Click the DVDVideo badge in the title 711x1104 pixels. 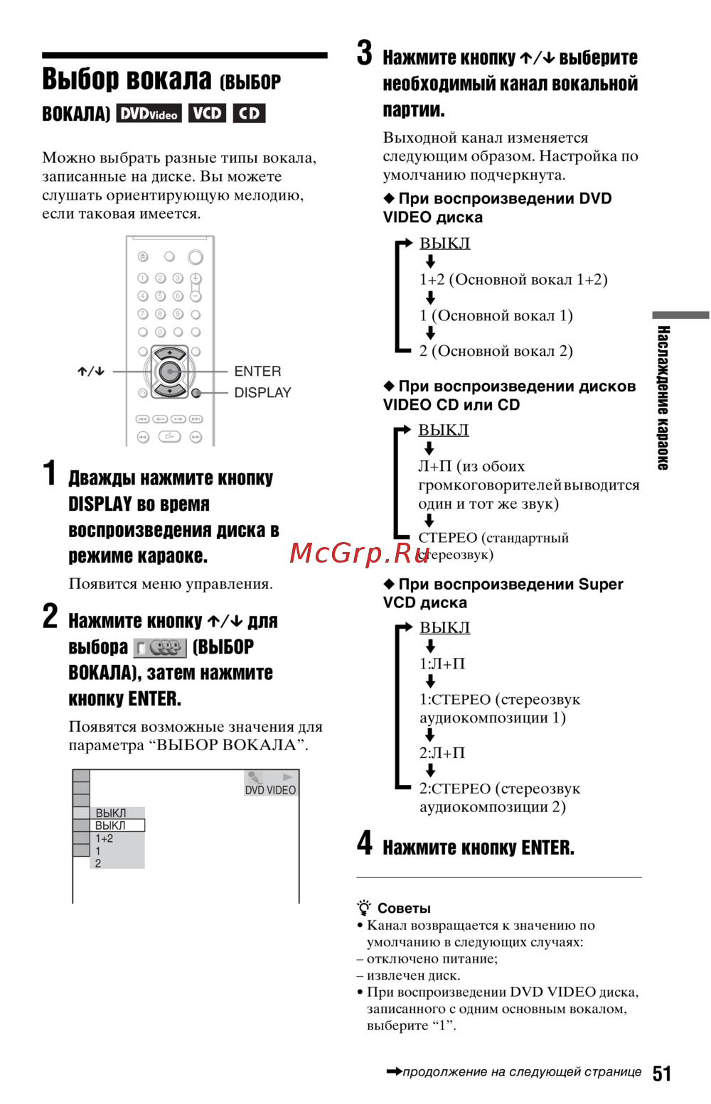pyautogui.click(x=149, y=114)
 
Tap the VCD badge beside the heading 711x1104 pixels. pyautogui.click(x=207, y=114)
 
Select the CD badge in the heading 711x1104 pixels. pyautogui.click(x=249, y=114)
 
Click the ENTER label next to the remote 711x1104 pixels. pyautogui.click(x=257, y=371)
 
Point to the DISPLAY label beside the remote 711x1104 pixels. pyautogui.click(x=262, y=393)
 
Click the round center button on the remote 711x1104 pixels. pyautogui.click(x=170, y=371)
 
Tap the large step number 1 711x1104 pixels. pyautogui.click(x=50, y=473)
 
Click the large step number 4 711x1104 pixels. pyautogui.click(x=365, y=843)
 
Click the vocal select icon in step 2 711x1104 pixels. pyautogui.click(x=161, y=648)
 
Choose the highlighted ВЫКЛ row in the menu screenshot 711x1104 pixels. pyautogui.click(x=117, y=826)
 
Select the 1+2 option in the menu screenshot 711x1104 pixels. pyautogui.click(x=104, y=838)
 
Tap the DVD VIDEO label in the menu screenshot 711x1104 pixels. pyautogui.click(x=270, y=790)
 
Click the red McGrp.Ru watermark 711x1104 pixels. pyautogui.click(x=359, y=553)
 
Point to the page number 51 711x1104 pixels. pyautogui.click(x=662, y=1073)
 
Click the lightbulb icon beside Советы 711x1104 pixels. pyautogui.click(x=364, y=908)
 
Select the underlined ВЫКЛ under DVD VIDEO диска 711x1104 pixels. pyautogui.click(x=444, y=243)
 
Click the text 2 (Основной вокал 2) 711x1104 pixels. pyautogui.click(x=496, y=351)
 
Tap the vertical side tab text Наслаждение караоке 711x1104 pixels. pyautogui.click(x=663, y=398)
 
